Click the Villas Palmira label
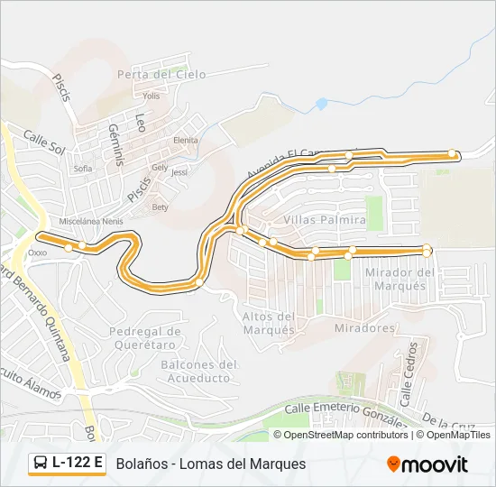pyautogui.click(x=324, y=220)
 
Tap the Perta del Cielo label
pyautogui.click(x=155, y=74)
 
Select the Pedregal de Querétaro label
pyautogui.click(x=145, y=337)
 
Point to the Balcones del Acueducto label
pyautogui.click(x=198, y=372)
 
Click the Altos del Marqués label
pyautogui.click(x=269, y=323)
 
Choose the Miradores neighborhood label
pyautogui.click(x=364, y=328)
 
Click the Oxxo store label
pyautogui.click(x=37, y=253)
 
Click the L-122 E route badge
pyautogui.click(x=67, y=463)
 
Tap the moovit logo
pyautogui.click(x=427, y=464)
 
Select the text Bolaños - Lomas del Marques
pyautogui.click(x=211, y=464)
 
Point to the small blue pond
pyautogui.click(x=320, y=105)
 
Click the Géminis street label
pyautogui.click(x=116, y=145)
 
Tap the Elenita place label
pyautogui.click(x=186, y=140)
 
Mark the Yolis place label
pyautogui.click(x=151, y=96)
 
